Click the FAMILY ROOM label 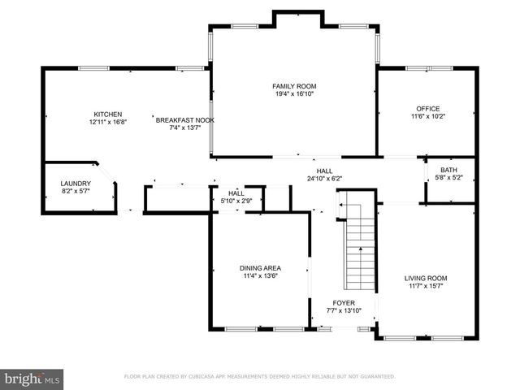tap(294, 86)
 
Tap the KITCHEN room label tap(108, 114)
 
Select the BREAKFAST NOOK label tap(184, 119)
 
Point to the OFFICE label tap(427, 108)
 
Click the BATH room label tap(448, 170)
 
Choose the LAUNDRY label tap(76, 184)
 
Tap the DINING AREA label tap(260, 268)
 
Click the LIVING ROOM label tap(426, 279)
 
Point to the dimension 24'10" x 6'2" tap(324, 179)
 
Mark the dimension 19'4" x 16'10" tap(294, 94)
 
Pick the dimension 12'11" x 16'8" tap(108, 122)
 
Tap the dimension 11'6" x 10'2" tap(427, 116)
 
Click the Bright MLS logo tap(32, 379)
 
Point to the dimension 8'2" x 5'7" tap(76, 193)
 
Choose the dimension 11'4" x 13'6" tap(260, 276)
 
